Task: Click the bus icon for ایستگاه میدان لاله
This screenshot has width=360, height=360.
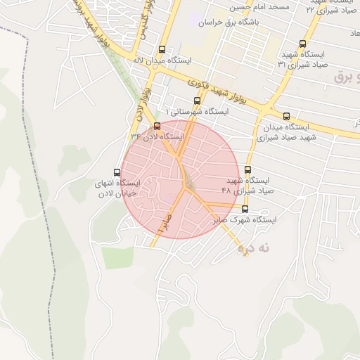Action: [x=162, y=50]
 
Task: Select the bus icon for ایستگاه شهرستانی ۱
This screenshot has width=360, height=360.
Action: [x=196, y=101]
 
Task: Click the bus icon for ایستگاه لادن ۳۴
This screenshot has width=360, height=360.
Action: [x=156, y=126]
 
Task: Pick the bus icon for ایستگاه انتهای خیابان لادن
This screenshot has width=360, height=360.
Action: [x=117, y=172]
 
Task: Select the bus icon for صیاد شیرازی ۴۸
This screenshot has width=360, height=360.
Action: [x=247, y=169]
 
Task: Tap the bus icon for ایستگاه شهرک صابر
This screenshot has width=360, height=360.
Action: [x=245, y=209]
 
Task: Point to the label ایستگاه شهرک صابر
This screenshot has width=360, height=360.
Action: [x=245, y=220]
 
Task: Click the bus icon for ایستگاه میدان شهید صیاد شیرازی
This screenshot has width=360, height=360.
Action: [x=285, y=116]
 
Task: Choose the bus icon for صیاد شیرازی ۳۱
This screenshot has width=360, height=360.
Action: [x=302, y=43]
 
